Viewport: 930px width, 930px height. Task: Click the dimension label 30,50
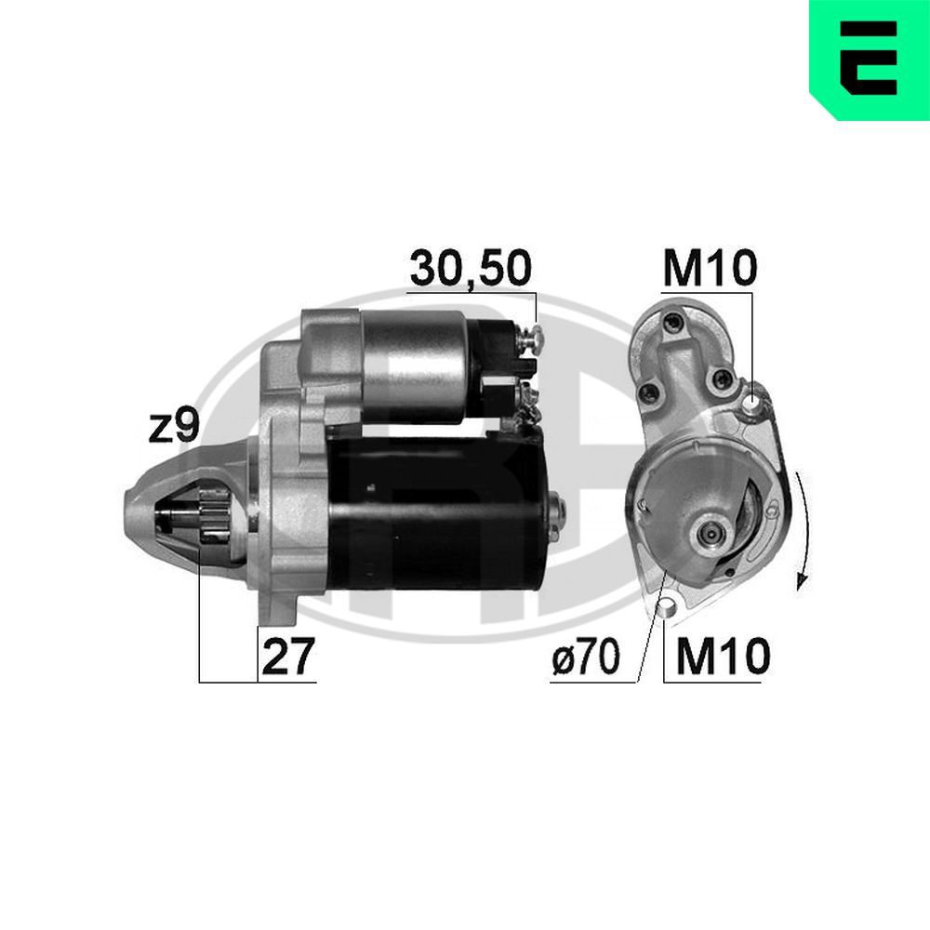pyautogui.click(x=471, y=268)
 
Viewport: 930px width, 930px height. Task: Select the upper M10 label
pyautogui.click(x=711, y=269)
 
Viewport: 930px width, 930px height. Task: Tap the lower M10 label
pyautogui.click(x=723, y=658)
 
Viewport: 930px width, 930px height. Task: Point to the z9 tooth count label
pyautogui.click(x=175, y=427)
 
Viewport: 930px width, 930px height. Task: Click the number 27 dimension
pyautogui.click(x=287, y=658)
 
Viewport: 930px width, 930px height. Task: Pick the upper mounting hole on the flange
pyautogui.click(x=751, y=402)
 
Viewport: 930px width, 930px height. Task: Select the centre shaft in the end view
pyautogui.click(x=711, y=532)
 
